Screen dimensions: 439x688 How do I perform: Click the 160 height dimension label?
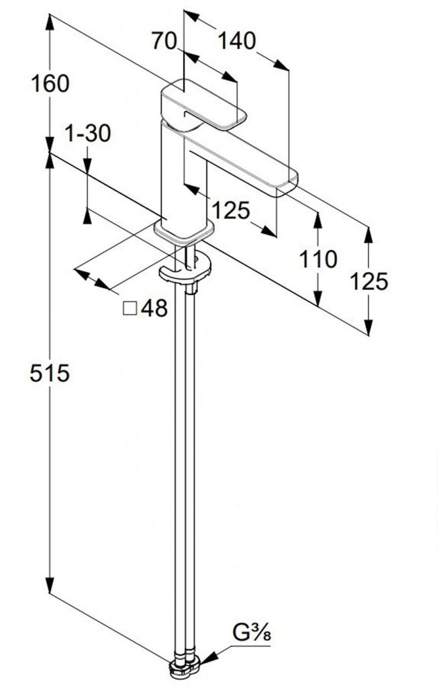point(50,83)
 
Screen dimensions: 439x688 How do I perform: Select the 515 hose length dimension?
point(50,374)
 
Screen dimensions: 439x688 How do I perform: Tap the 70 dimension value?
point(164,41)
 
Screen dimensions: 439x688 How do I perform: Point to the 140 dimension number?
point(236,41)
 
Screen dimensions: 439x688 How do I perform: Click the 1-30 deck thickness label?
point(88,133)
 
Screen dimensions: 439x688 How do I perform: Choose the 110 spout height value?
point(318,259)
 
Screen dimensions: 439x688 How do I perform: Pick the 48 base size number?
point(154,309)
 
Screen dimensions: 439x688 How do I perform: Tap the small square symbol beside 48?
point(130,309)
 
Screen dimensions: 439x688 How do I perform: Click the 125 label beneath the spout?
point(231,210)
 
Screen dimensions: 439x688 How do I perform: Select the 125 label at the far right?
point(369,282)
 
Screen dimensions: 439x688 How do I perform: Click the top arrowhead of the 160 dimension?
point(50,22)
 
